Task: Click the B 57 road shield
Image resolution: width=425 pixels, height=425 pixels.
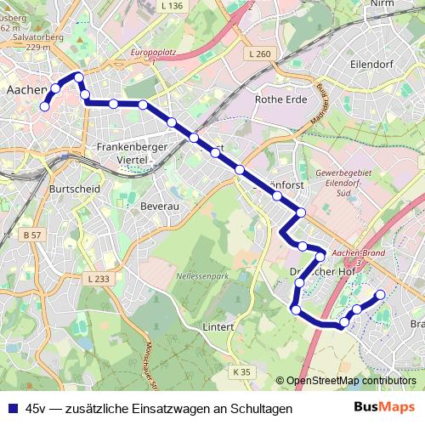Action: [33, 234]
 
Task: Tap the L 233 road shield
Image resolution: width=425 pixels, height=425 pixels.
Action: [99, 279]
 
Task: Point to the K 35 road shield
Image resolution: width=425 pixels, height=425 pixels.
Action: [242, 371]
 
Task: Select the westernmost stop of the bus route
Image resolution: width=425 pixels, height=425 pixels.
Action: [44, 106]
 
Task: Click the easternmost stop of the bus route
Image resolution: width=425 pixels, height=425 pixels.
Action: [380, 294]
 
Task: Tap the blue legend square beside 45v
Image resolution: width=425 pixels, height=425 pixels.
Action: [13, 408]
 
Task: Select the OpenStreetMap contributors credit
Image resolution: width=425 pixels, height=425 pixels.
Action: [350, 381]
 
